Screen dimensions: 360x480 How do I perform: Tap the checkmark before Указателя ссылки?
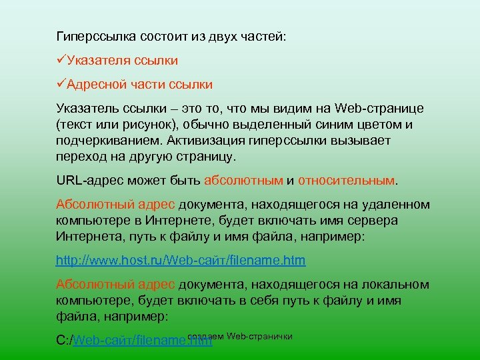[x=61, y=61]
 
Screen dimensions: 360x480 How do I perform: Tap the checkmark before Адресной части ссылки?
[x=61, y=85]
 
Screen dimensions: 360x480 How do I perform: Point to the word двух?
[x=227, y=35]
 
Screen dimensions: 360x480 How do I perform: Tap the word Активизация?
[x=206, y=141]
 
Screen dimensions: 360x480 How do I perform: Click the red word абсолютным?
[x=243, y=181]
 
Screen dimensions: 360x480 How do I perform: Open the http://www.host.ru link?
[x=180, y=261]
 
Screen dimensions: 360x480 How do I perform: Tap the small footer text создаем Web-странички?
[x=241, y=335]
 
